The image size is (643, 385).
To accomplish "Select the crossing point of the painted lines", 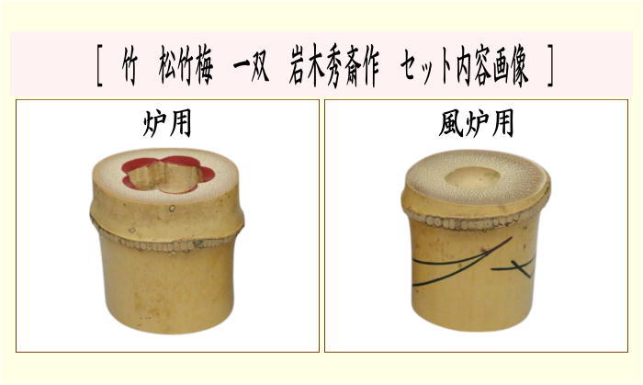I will tap(522, 267).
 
